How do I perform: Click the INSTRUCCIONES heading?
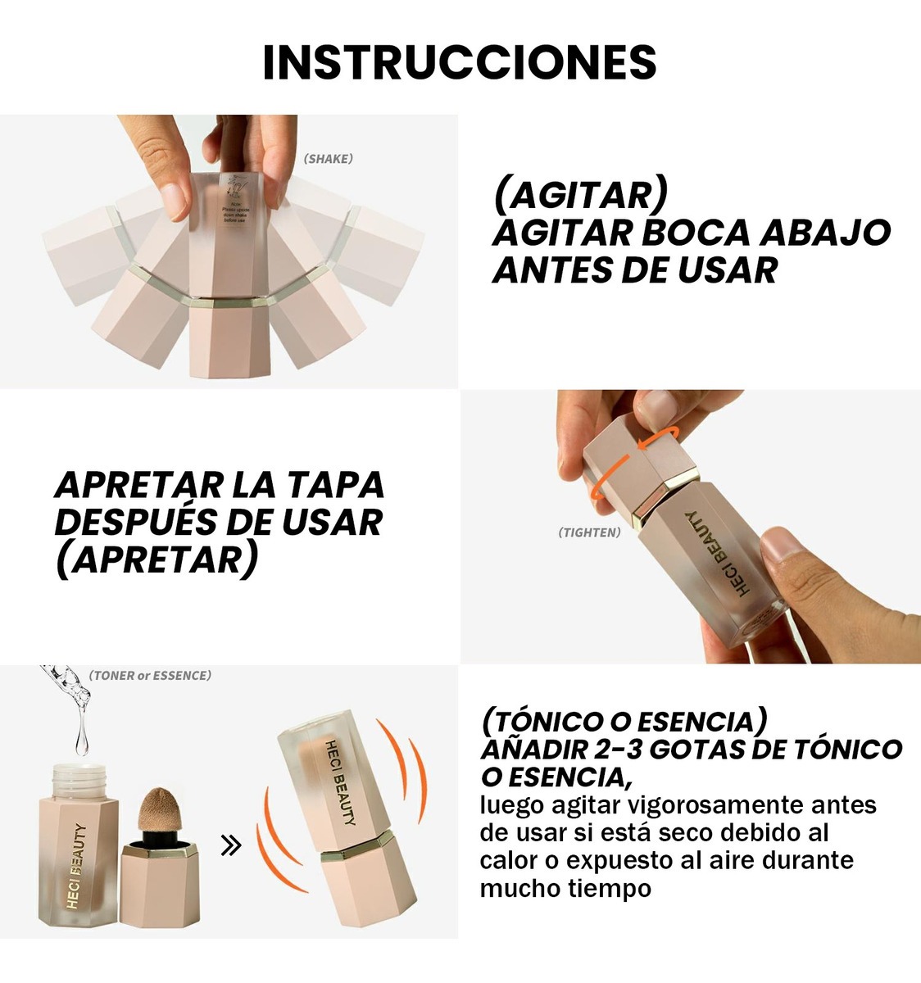pyautogui.click(x=460, y=62)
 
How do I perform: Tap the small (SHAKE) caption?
pyautogui.click(x=328, y=159)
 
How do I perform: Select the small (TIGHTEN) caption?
pyautogui.click(x=589, y=532)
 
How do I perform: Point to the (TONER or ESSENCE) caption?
pyautogui.click(x=150, y=676)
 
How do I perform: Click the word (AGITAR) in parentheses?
pyautogui.click(x=580, y=196)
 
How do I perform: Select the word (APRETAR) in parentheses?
pyautogui.click(x=156, y=560)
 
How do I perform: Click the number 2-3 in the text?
pyautogui.click(x=614, y=749)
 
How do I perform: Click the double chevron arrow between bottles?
pyautogui.click(x=232, y=845)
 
